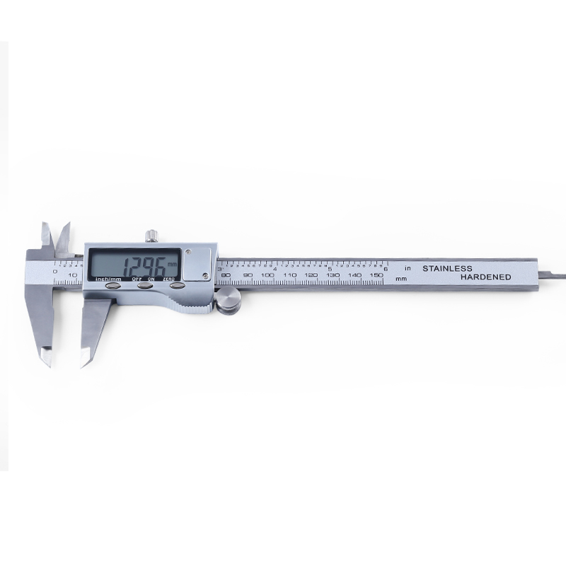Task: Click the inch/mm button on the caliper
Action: (113, 287)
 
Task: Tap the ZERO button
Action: (177, 286)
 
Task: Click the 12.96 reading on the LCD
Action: (144, 267)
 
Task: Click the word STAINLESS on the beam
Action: (446, 269)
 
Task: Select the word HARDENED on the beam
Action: (485, 278)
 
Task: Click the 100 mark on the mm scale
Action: (267, 275)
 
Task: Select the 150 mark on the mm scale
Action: (376, 275)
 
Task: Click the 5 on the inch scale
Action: (330, 270)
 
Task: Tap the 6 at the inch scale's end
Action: (385, 269)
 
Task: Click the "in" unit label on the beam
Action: (408, 269)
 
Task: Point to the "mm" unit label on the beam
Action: (401, 279)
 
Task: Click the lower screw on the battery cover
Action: (204, 274)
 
